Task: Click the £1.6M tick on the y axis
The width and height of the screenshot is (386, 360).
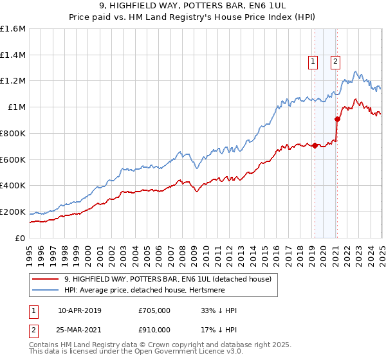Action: tap(13, 29)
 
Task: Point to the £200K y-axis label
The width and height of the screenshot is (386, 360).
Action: tap(13, 212)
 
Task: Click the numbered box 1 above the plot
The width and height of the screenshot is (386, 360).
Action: tap(313, 62)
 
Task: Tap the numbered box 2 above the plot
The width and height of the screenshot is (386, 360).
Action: tap(335, 62)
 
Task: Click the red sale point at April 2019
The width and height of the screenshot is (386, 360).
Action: tap(315, 145)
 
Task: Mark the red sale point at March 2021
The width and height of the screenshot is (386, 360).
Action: tap(337, 119)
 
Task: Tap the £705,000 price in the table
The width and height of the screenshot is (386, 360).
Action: tap(154, 310)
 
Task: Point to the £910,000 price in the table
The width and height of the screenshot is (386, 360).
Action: tap(154, 330)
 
